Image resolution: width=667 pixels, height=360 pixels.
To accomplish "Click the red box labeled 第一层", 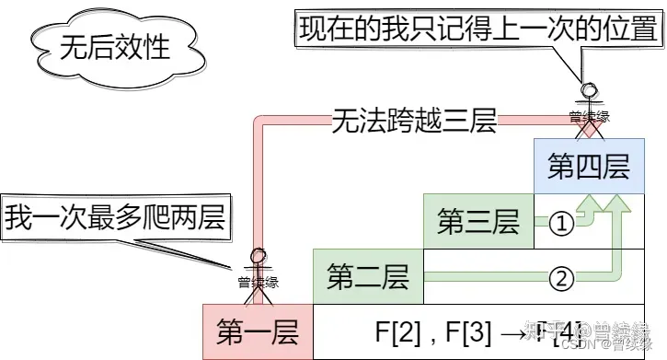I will point(258,331).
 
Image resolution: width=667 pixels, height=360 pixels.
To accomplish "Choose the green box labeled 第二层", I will point(368,276).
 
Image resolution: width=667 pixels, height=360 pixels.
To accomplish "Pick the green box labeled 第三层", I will point(478,222).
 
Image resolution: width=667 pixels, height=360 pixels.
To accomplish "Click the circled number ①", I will point(561,223).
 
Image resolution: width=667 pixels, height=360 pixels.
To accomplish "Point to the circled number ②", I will point(561,276).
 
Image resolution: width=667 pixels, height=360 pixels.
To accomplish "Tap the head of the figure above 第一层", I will point(259,255).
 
